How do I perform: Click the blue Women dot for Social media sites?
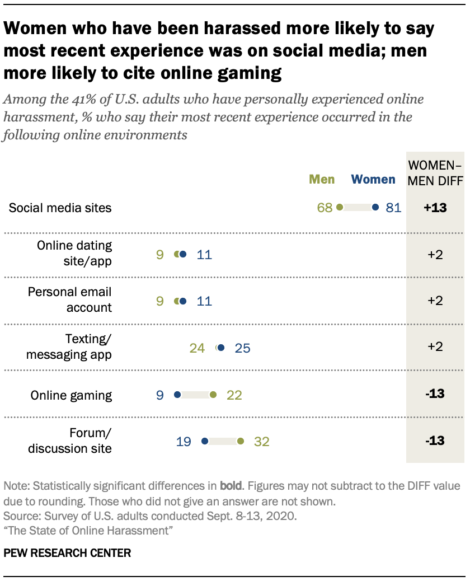375,208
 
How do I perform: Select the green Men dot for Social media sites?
339,208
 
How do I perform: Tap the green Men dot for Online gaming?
213,395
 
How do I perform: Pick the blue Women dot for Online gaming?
177,395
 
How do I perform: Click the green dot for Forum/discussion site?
241,442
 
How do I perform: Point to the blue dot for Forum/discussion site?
205,442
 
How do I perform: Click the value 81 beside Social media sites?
393,208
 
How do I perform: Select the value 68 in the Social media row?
325,208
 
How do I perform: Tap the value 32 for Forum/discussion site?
261,442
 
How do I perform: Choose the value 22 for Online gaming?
234,395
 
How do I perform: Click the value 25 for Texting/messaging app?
242,348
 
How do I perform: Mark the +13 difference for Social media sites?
434,208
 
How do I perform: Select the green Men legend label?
322,179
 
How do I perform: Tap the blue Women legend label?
373,179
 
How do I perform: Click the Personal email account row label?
69,299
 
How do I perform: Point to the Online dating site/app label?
74,253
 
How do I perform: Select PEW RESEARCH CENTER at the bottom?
67,553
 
